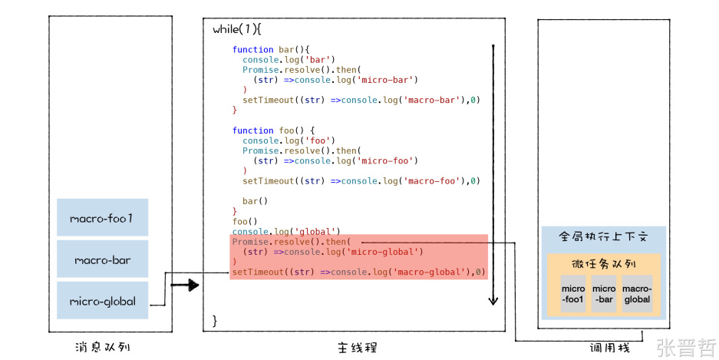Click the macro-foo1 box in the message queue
[102, 219]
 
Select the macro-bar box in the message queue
[102, 260]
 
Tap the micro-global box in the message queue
[102, 301]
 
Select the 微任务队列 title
[604, 263]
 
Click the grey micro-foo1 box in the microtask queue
[573, 294]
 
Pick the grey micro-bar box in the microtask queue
[605, 294]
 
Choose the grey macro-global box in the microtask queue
[637, 294]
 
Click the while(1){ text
[237, 30]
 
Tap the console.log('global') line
[285, 231]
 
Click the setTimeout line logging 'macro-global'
[359, 272]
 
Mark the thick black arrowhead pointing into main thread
[191, 286]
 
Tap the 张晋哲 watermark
[686, 348]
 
